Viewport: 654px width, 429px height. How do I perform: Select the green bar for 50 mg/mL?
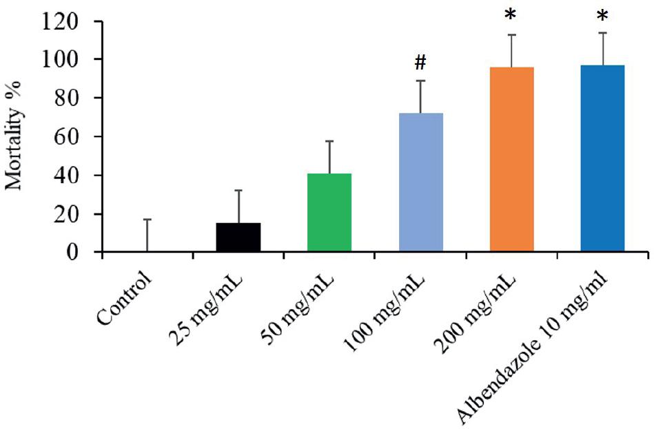[329, 213]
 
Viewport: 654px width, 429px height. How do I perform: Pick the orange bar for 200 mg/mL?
[511, 160]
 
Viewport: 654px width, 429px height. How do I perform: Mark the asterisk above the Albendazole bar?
[602, 17]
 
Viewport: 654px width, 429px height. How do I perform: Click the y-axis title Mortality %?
[15, 136]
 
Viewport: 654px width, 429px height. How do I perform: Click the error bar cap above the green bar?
[329, 141]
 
